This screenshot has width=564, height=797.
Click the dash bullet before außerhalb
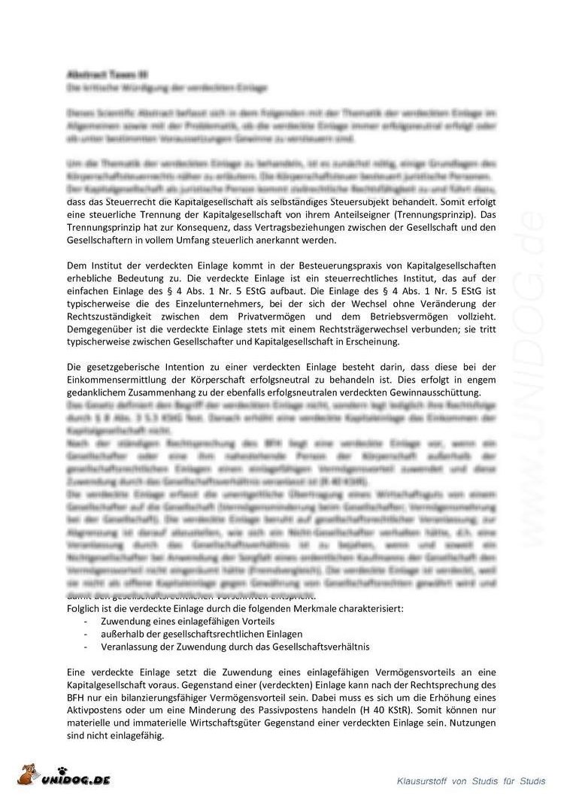click(x=86, y=634)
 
